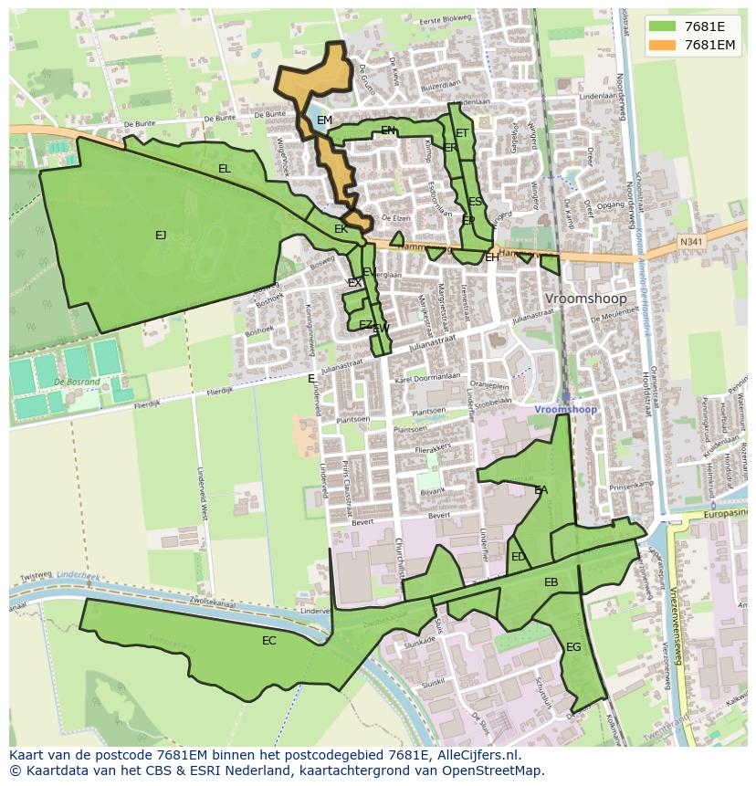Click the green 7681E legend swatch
[x=663, y=26]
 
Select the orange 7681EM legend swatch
[x=663, y=45]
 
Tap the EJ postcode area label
[x=161, y=236]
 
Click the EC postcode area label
[x=268, y=641]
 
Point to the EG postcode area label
[x=573, y=647]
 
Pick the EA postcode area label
[x=541, y=490]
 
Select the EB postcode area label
[x=551, y=582]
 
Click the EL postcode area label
[x=225, y=169]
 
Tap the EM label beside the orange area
[x=324, y=121]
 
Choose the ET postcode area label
[x=462, y=133]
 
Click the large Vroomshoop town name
[x=585, y=299]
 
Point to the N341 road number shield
[x=692, y=241]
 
